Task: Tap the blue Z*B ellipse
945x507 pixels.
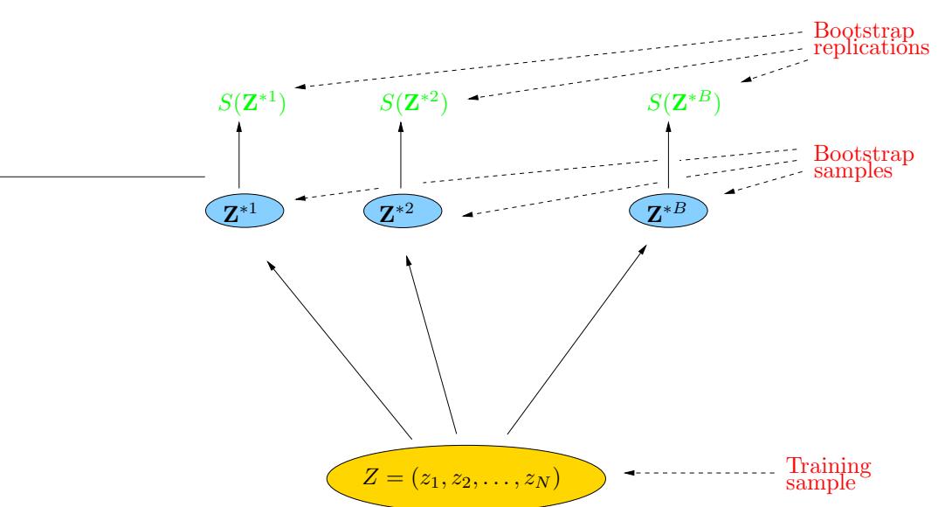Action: (x=668, y=212)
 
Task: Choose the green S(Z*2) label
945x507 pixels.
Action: (x=414, y=108)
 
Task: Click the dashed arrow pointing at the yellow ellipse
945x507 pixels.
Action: (x=699, y=475)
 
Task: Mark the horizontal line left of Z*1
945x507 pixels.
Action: (x=101, y=177)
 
